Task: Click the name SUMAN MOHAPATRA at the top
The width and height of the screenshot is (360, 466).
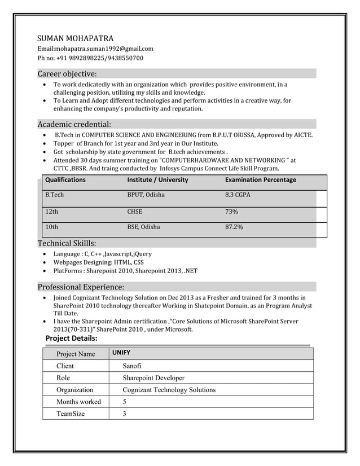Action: (75, 38)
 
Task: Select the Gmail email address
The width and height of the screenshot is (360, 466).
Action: (95, 49)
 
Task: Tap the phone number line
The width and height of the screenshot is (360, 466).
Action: (90, 58)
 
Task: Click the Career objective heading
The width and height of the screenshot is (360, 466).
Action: (67, 74)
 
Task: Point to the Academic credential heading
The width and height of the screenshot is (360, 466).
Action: (74, 124)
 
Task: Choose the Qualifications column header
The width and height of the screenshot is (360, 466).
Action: (65, 180)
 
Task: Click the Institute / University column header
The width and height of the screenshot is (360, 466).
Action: (157, 180)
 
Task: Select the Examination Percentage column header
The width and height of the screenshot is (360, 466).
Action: (260, 180)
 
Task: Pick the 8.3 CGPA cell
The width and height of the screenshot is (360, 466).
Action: (238, 195)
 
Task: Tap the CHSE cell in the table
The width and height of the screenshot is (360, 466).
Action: (134, 212)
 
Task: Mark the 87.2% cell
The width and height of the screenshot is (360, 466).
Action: (234, 227)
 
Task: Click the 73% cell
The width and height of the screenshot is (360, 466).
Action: (231, 212)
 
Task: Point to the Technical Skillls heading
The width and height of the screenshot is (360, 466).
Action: (67, 243)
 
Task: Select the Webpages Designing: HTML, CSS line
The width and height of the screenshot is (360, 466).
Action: (98, 262)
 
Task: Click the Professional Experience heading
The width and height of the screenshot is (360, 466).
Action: (81, 287)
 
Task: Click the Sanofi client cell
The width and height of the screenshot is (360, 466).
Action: (133, 366)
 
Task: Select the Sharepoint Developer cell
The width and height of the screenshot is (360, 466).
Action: (153, 378)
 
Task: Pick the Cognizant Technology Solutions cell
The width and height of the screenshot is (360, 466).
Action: (169, 390)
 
